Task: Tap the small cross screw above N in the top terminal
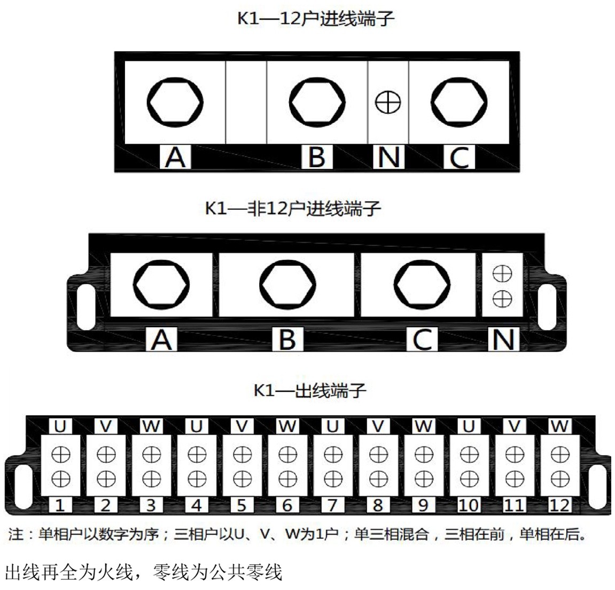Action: click(388, 103)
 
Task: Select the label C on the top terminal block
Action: click(460, 157)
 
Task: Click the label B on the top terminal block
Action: click(317, 157)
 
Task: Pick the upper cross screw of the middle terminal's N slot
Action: click(502, 273)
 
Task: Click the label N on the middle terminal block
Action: click(504, 340)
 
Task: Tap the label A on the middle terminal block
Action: click(161, 340)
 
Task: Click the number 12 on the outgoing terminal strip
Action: click(559, 505)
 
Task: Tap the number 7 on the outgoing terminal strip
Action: click(332, 505)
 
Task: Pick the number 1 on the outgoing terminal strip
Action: click(60, 505)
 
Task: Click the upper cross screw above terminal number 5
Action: click(243, 455)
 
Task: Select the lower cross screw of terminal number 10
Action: click(469, 479)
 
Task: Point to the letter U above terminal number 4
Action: click(197, 426)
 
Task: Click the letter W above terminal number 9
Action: click(424, 426)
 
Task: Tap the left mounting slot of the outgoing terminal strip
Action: click(23, 485)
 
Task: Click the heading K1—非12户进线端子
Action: click(293, 209)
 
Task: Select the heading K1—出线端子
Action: click(310, 390)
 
